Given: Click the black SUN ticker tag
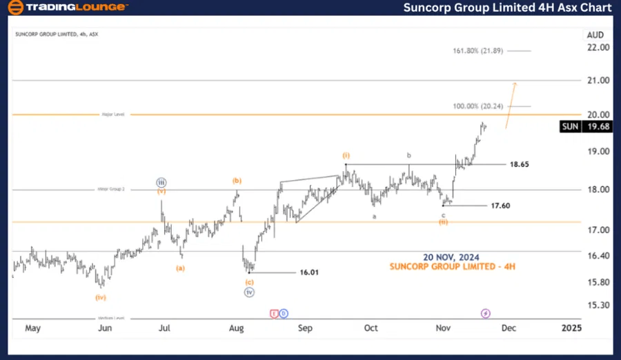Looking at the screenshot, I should coord(570,126).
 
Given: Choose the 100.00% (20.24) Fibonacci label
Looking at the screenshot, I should coord(477,106).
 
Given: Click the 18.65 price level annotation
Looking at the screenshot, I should coord(520,165).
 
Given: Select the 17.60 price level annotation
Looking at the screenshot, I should coord(500,206).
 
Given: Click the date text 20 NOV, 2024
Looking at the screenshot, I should coord(452,257).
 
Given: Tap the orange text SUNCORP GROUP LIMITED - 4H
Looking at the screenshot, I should coord(452,266).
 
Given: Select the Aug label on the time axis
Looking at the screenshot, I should coord(237,328).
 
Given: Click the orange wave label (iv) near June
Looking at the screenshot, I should coord(100,297).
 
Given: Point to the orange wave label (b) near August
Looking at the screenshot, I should coord(237,181).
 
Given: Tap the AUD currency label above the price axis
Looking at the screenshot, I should coord(595,34).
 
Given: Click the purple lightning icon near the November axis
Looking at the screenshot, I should coord(485,313).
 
